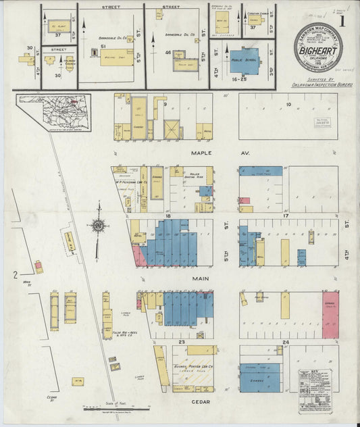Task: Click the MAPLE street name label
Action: (201, 153)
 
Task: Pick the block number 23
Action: (182, 343)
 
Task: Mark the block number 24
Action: (286, 343)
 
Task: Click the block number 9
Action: (164, 105)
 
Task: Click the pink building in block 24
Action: (330, 314)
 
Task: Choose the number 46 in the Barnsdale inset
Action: (168, 52)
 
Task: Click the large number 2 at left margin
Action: (15, 274)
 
